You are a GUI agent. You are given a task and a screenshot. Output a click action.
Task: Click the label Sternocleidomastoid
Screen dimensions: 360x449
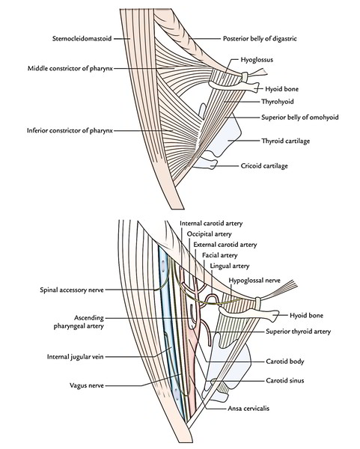(x=82, y=38)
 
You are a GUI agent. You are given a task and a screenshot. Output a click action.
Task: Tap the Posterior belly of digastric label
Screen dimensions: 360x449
(x=260, y=38)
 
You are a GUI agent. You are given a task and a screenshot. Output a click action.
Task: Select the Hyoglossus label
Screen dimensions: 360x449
(x=257, y=60)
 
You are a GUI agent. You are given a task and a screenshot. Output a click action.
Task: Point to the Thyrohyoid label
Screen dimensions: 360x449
(x=277, y=102)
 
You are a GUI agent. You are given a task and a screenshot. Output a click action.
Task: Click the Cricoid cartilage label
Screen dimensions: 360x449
(x=264, y=166)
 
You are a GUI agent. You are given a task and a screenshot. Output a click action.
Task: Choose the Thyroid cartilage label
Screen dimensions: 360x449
(x=286, y=141)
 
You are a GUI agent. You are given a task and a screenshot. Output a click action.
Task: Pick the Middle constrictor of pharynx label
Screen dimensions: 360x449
(x=70, y=68)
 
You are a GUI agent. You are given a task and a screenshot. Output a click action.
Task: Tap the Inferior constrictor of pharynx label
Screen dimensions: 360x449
(x=70, y=130)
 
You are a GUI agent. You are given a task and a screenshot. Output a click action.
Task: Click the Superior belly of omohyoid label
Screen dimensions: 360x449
(x=300, y=117)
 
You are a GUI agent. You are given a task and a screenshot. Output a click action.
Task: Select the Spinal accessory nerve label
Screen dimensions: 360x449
(x=72, y=290)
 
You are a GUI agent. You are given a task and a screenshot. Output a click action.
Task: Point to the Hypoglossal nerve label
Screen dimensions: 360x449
(x=254, y=281)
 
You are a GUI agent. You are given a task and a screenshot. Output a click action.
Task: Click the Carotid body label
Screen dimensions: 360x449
(x=285, y=361)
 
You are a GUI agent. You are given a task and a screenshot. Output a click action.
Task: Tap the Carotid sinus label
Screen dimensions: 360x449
(x=285, y=381)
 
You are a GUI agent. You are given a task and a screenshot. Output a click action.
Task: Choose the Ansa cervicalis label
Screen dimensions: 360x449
(x=248, y=409)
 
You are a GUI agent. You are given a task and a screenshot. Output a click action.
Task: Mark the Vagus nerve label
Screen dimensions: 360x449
(x=87, y=385)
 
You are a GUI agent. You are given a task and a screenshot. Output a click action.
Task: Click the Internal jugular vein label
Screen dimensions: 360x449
(x=76, y=357)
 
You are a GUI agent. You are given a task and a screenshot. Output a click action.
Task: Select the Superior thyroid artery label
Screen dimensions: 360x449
(x=298, y=332)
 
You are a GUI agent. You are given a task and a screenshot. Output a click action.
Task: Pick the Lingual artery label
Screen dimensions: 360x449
(x=230, y=266)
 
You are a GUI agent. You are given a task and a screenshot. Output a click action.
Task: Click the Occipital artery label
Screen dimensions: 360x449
(x=209, y=234)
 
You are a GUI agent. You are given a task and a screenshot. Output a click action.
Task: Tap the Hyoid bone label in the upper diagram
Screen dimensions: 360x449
(x=281, y=89)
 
